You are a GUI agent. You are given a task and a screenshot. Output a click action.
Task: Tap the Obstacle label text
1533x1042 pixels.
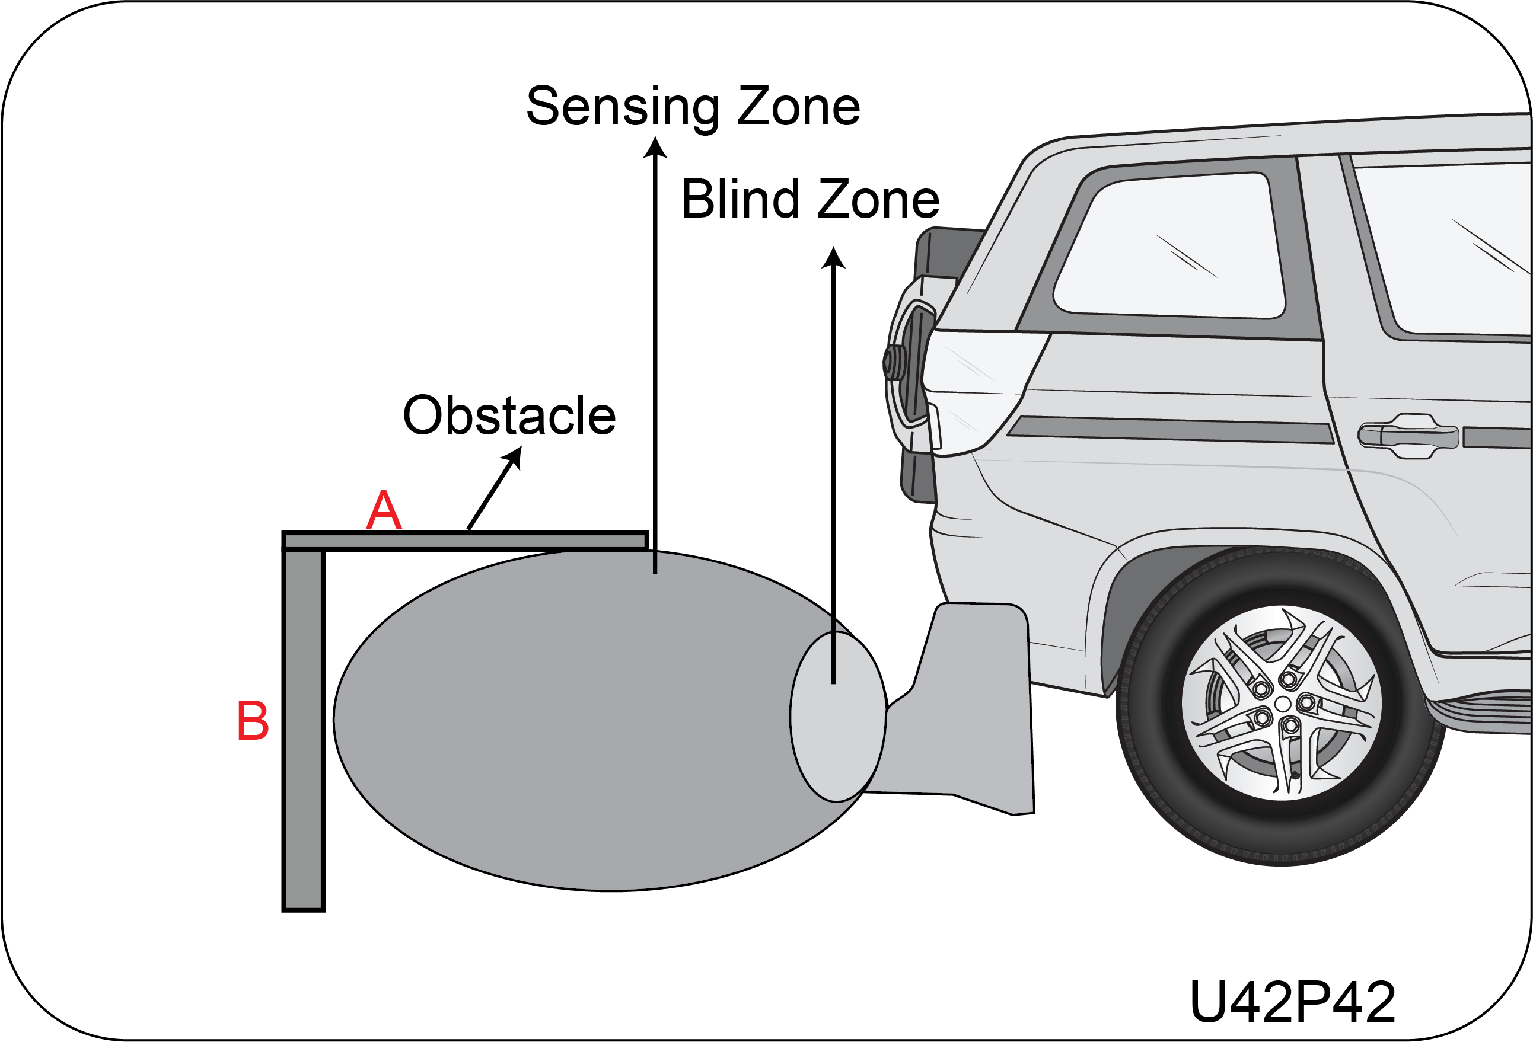509,415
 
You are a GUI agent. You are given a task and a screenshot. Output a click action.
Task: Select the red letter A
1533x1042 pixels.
384,510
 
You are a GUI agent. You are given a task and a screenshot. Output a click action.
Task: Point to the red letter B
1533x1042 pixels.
253,721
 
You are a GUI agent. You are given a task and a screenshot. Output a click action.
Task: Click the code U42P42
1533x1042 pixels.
1292,1002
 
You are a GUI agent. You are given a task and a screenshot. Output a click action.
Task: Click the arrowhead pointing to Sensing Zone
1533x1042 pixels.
655,148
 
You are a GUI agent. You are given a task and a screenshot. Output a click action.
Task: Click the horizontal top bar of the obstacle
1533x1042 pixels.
465,541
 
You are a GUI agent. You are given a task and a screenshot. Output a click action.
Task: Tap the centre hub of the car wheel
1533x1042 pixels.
1282,704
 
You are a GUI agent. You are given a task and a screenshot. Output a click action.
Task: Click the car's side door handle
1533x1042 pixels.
1408,435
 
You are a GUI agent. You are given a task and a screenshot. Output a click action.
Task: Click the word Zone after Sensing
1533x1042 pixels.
798,107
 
